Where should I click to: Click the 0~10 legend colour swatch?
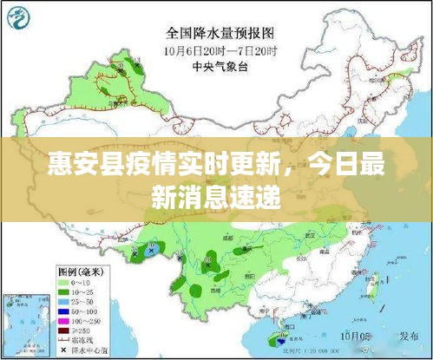[x=63, y=282]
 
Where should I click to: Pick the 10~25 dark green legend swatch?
[x=63, y=293]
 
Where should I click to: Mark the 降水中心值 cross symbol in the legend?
[x=63, y=350]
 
